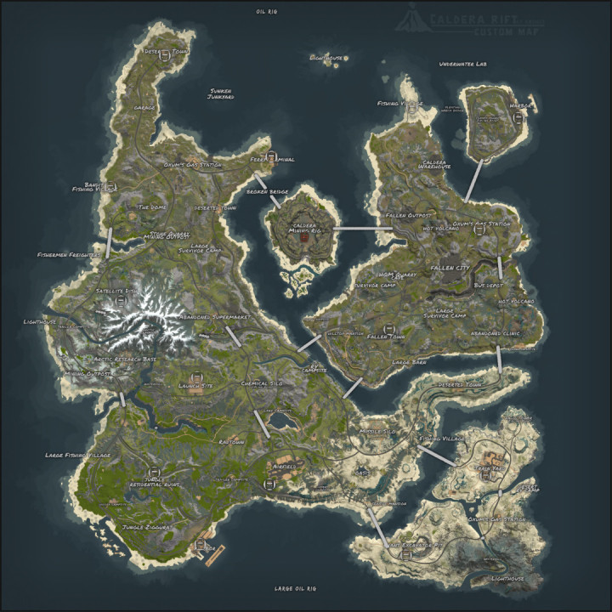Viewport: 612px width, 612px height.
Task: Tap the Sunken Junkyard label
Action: click(219, 94)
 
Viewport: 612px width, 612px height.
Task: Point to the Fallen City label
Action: click(450, 268)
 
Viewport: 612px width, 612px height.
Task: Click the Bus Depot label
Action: click(489, 285)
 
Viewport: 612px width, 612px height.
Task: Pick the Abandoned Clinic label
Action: click(496, 333)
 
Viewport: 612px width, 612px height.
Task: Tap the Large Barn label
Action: click(406, 361)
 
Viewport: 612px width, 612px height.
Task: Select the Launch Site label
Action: click(195, 384)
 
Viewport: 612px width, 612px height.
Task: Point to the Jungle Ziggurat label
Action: click(146, 527)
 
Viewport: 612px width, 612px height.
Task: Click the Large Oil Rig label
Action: click(295, 588)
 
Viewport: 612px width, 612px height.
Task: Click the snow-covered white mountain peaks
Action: click(153, 310)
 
